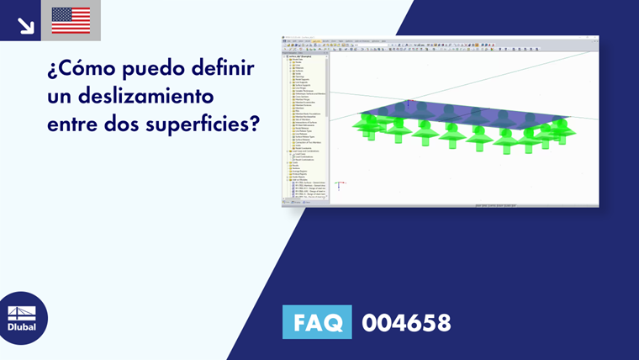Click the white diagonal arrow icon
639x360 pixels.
point(25,25)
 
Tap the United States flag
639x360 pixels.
point(71,20)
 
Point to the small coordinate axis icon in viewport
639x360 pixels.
point(340,184)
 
